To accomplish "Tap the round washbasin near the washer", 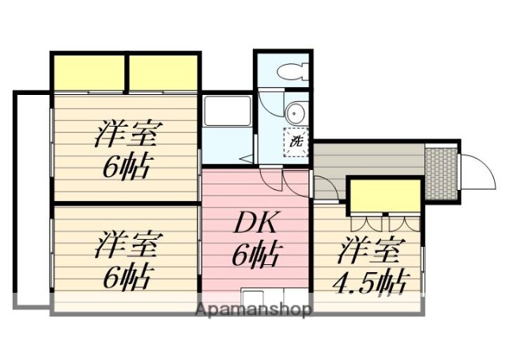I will coord(294,111).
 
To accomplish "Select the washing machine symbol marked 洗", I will coord(295,142).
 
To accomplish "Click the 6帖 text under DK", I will coord(255,255).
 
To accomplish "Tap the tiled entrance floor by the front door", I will coord(440,170).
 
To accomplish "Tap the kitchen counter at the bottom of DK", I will coord(261,297).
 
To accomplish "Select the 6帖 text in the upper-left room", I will coord(126,167).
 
